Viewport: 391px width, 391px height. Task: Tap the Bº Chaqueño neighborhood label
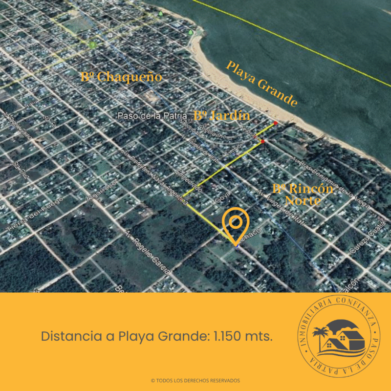121,77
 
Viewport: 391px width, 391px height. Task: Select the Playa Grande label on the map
262,84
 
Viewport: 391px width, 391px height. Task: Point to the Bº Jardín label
222,116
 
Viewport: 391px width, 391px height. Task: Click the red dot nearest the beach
276,123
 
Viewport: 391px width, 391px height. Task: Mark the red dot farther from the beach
262,141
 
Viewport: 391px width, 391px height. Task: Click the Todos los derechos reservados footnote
195,380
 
